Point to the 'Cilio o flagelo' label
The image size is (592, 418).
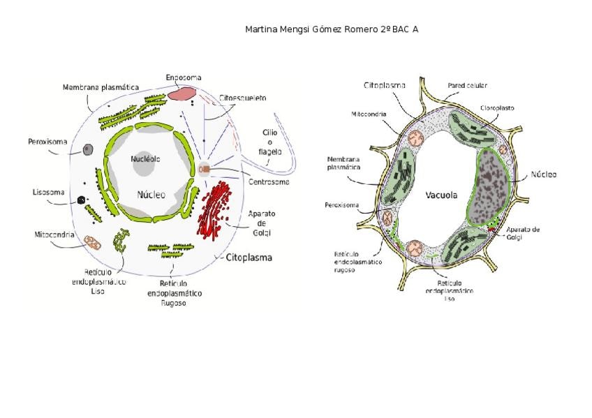270,141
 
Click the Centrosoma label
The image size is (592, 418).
269,182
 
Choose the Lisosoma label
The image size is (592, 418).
49,192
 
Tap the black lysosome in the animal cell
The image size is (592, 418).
82,200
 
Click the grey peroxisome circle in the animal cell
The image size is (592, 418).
88,149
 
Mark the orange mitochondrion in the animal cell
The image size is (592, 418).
92,241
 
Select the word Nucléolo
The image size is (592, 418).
145,159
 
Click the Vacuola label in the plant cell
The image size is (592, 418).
441,195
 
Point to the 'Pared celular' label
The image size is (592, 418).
467,86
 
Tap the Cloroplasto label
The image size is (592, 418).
496,108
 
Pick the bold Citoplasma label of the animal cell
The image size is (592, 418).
249,257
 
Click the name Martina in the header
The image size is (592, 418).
261,29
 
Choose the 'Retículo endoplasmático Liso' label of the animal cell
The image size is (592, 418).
98,281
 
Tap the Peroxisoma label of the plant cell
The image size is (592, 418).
342,205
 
